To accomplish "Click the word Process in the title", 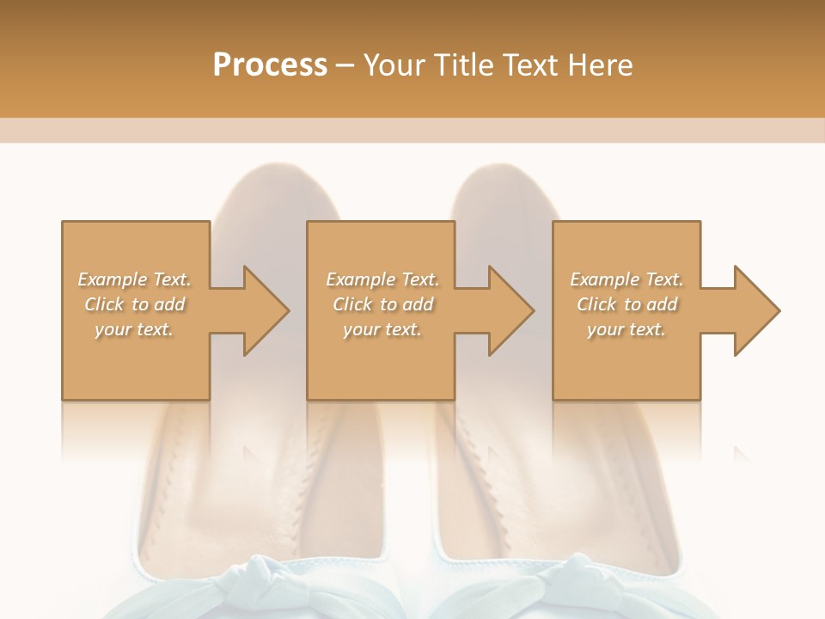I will tap(270, 65).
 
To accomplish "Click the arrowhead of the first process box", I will tap(263, 310).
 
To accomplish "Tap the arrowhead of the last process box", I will tap(755, 310).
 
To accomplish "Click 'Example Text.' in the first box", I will tap(135, 279).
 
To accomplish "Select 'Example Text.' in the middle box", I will tap(382, 279).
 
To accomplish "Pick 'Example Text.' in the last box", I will tap(626, 279).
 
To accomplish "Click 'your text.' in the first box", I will tap(134, 329).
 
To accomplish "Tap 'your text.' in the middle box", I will tap(382, 329).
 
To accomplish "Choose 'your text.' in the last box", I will tap(626, 329).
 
